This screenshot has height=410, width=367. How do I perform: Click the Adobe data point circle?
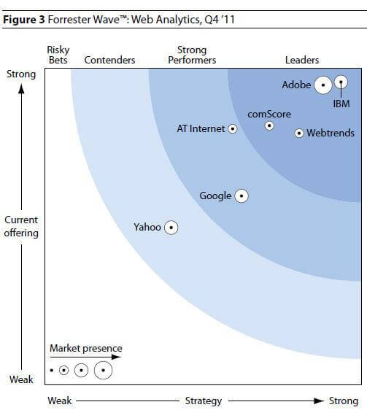(322, 85)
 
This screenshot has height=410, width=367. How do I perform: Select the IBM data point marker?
(341, 84)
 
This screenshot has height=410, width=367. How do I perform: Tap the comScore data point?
(269, 125)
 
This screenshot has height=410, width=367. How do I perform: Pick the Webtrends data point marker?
(299, 134)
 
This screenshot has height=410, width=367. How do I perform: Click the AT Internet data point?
(233, 129)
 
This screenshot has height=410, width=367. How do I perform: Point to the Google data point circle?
(241, 196)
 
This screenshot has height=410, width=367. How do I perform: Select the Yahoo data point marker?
(171, 228)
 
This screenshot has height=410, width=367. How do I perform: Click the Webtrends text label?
(331, 134)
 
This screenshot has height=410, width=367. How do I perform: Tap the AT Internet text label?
(201, 129)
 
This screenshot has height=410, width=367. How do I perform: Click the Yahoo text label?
(147, 228)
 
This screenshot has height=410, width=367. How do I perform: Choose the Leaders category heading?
(302, 60)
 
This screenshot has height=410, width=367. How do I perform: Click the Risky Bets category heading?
(58, 55)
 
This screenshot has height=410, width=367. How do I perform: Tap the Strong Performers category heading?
(192, 55)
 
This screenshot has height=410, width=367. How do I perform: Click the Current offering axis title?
(21, 226)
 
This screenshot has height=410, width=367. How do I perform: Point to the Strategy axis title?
(204, 401)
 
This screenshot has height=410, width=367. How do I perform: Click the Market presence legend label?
(86, 349)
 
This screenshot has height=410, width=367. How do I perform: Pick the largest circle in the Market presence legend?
(104, 371)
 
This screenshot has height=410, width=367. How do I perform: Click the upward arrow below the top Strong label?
(21, 89)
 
